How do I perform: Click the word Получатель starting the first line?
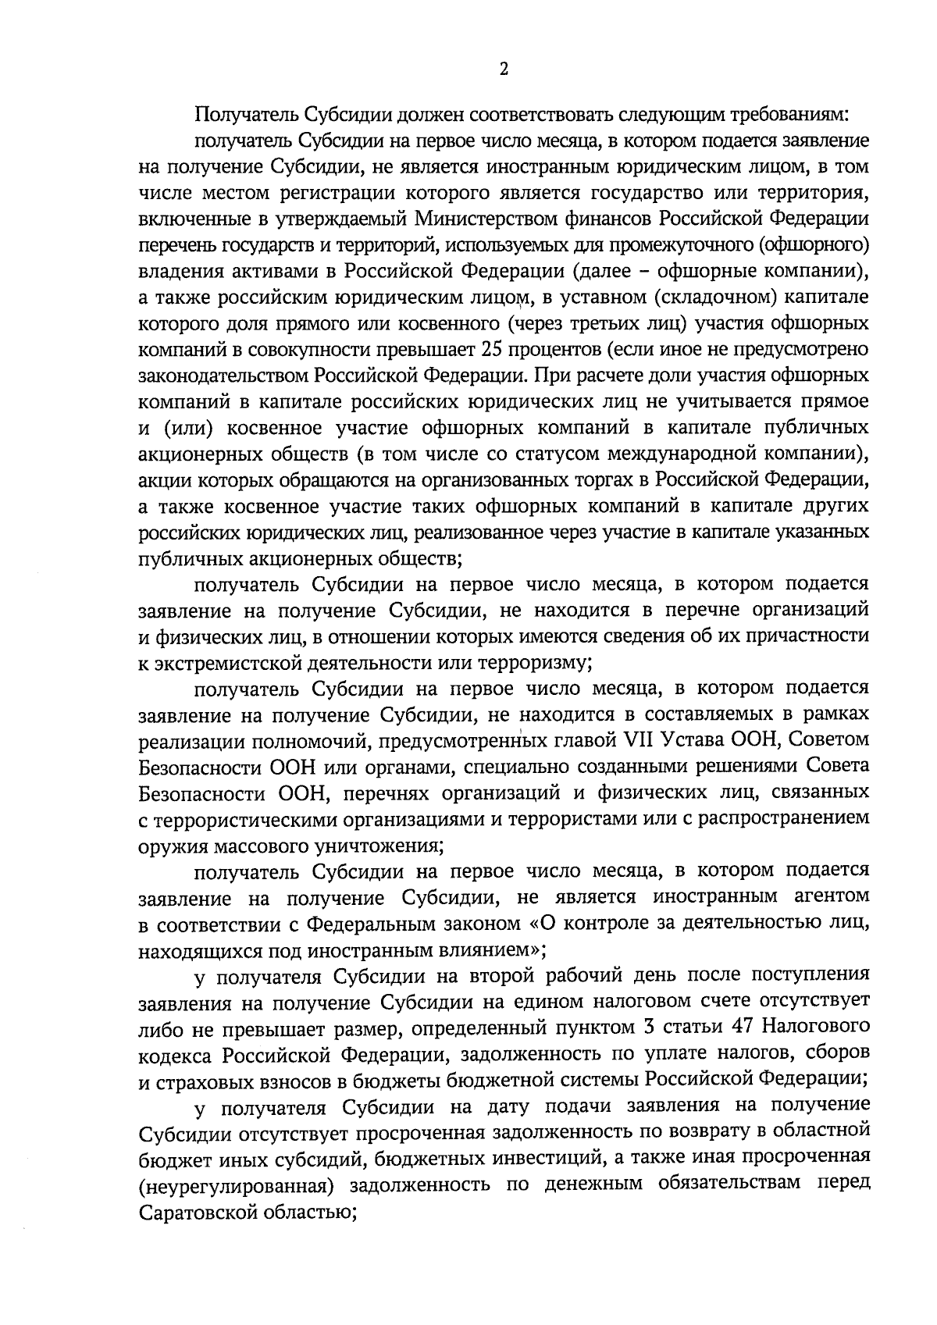point(244,115)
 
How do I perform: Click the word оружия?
point(165,846)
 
